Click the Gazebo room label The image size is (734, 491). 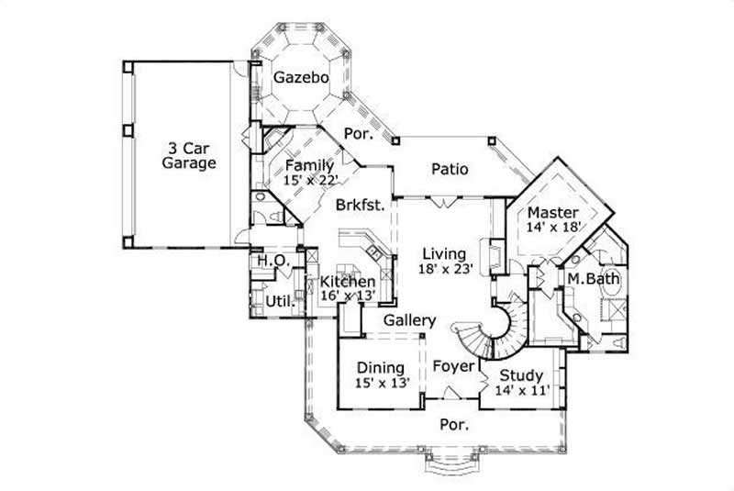[x=302, y=78]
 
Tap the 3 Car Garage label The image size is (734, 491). [x=189, y=155]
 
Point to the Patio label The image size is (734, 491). [x=450, y=169]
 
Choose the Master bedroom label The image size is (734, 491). [x=553, y=213]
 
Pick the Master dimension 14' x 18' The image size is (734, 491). [x=553, y=229]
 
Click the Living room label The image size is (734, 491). [x=444, y=253]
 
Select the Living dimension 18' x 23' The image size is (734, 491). [x=444, y=270]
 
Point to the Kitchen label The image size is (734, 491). [x=348, y=282]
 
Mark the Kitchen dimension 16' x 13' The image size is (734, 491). [x=348, y=296]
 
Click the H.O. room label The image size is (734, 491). [x=273, y=262]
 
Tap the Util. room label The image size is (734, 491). [x=279, y=300]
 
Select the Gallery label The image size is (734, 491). [x=408, y=320]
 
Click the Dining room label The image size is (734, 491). [x=381, y=368]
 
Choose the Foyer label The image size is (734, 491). [x=455, y=366]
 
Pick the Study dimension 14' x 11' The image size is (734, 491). [x=520, y=390]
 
